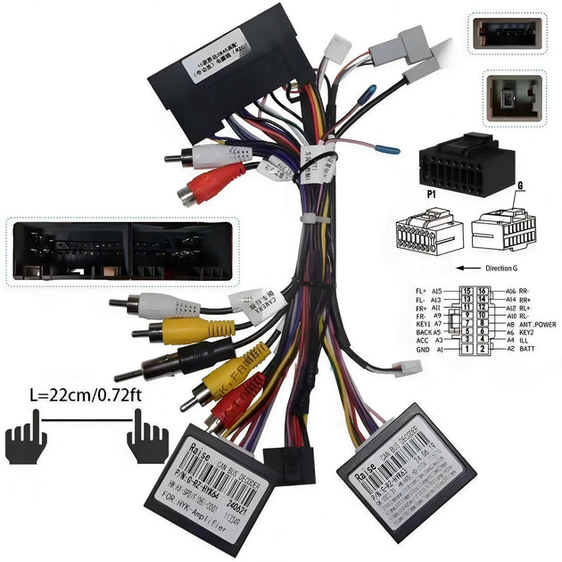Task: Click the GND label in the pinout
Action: click(x=423, y=351)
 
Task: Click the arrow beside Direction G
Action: click(x=465, y=267)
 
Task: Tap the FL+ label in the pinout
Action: click(x=423, y=292)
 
